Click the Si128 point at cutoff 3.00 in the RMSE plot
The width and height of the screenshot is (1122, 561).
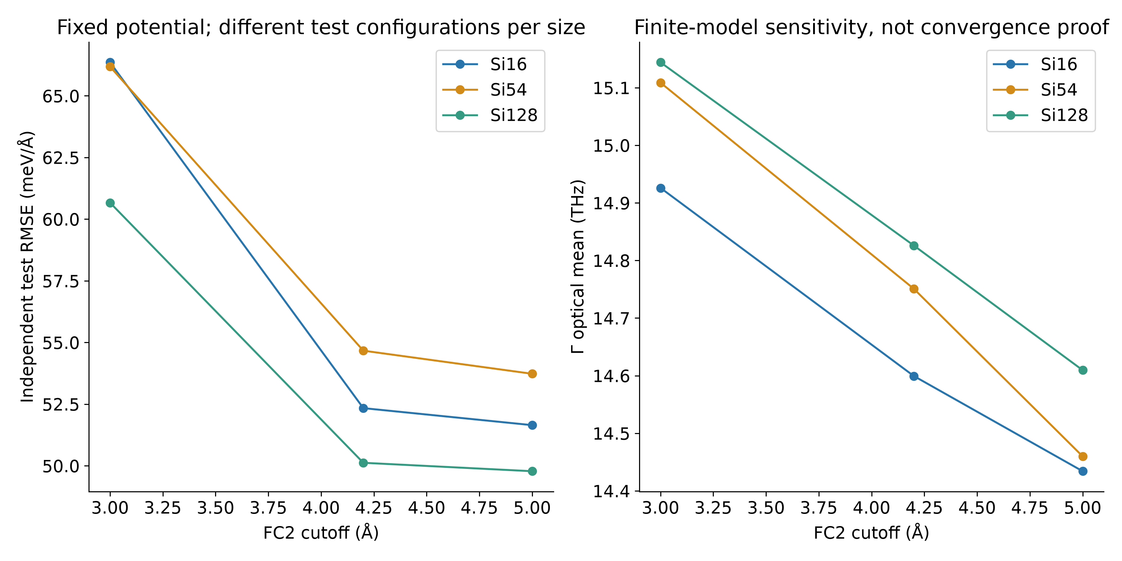(110, 203)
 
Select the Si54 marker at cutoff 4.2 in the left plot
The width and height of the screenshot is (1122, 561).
(363, 351)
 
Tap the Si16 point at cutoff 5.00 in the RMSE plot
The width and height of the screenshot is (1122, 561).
(532, 425)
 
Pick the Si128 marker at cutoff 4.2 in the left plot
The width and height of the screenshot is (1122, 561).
(363, 463)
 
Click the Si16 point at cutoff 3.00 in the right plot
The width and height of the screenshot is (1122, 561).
(661, 188)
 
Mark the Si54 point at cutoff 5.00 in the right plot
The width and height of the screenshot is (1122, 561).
(1083, 456)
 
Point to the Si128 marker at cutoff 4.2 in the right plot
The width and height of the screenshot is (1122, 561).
(914, 246)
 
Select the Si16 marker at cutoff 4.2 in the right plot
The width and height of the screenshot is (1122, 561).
(914, 376)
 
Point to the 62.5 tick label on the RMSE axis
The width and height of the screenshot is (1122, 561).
(61, 158)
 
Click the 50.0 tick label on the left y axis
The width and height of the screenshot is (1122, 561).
(61, 466)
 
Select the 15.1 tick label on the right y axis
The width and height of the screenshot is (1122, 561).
(611, 88)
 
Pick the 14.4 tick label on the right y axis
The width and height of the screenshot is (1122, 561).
(611, 491)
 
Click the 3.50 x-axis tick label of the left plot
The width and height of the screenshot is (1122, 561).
(216, 508)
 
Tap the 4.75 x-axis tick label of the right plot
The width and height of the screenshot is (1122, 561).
(1030, 508)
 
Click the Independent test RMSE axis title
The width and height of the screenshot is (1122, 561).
(27, 266)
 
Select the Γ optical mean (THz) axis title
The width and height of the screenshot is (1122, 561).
(578, 266)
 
